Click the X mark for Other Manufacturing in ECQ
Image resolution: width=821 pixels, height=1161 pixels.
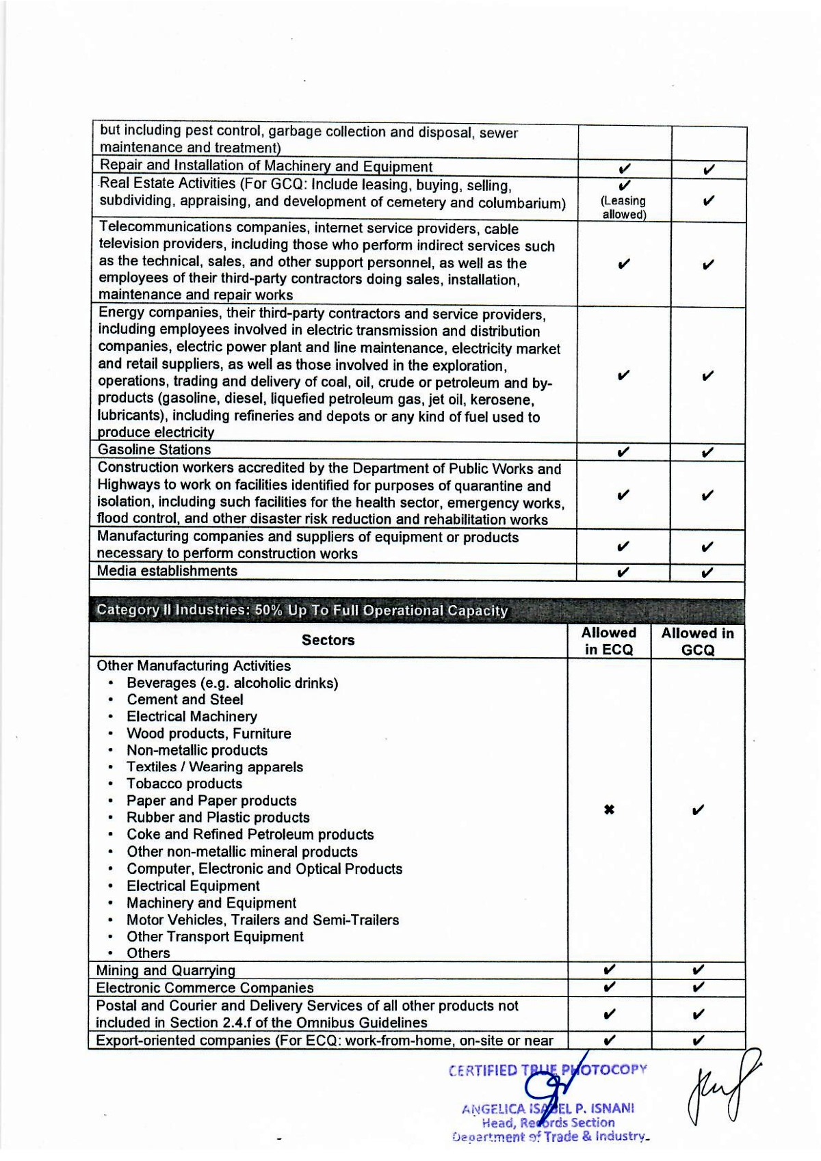[609, 810]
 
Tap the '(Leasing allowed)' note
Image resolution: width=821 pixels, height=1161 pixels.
[623, 207]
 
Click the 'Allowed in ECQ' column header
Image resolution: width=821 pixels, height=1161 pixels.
[608, 641]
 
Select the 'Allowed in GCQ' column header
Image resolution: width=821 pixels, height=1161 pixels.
[697, 641]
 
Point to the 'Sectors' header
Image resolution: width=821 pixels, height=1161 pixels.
[328, 640]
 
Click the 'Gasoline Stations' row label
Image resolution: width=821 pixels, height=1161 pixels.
[154, 450]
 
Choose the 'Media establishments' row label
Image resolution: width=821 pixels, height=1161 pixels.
[167, 571]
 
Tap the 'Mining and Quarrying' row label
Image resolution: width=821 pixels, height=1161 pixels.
[166, 970]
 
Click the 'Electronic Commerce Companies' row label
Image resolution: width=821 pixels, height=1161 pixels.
[205, 987]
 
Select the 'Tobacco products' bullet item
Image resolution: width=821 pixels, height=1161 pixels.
[184, 784]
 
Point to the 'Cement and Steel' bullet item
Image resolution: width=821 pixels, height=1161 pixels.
[185, 699]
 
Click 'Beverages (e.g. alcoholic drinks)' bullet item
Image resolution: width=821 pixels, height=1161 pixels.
[232, 683]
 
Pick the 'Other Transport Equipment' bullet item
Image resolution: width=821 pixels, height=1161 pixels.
[215, 937]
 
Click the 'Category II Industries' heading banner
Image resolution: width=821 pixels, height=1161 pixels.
[302, 610]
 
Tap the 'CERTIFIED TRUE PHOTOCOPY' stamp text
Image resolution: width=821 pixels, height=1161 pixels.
[547, 1070]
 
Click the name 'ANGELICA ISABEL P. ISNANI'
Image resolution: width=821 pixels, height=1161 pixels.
[548, 1108]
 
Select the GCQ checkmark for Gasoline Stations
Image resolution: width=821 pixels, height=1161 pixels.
[708, 452]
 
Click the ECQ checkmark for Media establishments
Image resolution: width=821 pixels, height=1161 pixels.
[623, 572]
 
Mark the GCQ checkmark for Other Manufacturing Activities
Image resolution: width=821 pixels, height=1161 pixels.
[697, 810]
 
